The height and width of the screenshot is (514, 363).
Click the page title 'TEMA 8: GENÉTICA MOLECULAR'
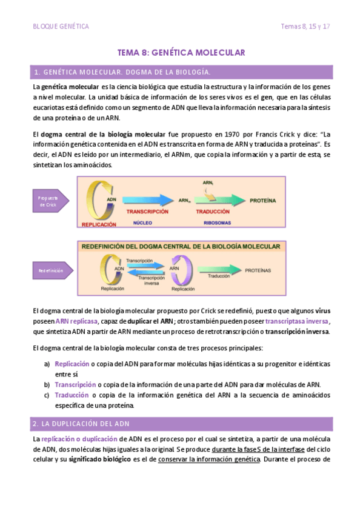point(181,53)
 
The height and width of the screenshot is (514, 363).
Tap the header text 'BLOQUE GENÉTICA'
point(61,27)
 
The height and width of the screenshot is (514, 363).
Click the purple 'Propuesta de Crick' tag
point(48,201)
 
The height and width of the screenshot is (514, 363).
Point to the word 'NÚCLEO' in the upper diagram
point(143,223)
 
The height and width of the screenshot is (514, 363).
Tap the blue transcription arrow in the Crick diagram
point(149,199)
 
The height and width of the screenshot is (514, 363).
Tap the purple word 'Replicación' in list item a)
point(72,364)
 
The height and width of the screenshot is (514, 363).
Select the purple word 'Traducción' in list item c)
point(71,395)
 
